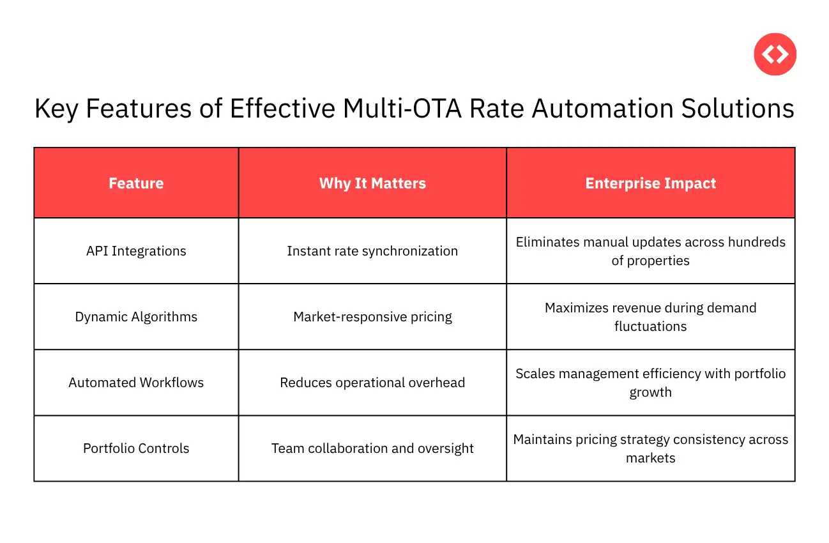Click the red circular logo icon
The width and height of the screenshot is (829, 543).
[775, 54]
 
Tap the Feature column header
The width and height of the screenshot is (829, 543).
[136, 183]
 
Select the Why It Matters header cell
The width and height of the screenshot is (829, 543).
[372, 183]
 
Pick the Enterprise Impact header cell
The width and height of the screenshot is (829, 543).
[650, 183]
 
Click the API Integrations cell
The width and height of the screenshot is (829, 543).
[136, 251]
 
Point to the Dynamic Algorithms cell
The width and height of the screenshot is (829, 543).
[136, 317]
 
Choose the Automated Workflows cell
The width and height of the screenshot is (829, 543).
[136, 383]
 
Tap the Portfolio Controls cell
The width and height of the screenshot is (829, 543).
[136, 448]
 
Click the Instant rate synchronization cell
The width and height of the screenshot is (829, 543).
[372, 251]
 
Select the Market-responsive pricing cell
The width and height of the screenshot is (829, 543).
[372, 317]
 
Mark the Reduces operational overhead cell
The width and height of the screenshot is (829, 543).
[372, 383]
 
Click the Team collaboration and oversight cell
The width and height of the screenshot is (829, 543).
[372, 448]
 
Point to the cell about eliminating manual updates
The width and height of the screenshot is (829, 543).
[650, 251]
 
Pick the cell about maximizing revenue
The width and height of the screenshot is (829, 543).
[650, 317]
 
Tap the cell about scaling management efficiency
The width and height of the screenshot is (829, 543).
[650, 383]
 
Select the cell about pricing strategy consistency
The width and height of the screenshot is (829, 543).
[650, 448]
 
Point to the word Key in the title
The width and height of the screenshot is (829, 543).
[56, 109]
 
